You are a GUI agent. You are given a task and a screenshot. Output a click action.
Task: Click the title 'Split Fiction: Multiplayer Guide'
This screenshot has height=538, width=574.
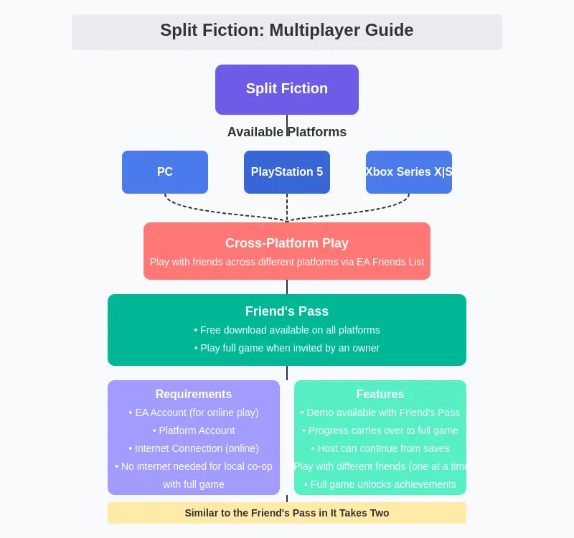point(286,31)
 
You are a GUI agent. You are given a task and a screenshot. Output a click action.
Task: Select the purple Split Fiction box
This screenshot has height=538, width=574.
point(286,89)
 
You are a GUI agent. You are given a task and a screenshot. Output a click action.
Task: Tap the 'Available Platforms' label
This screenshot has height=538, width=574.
point(286,132)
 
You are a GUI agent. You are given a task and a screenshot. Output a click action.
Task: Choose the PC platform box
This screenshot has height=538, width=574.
point(165,172)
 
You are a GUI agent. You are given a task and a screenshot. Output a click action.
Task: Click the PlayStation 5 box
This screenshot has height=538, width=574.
point(286,172)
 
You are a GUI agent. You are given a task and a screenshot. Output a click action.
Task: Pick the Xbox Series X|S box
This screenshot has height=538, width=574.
point(409,172)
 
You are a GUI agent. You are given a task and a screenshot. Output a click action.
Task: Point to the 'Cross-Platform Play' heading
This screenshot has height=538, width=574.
point(286,243)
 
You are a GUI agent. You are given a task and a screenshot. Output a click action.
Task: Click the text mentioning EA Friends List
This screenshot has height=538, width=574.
point(286,262)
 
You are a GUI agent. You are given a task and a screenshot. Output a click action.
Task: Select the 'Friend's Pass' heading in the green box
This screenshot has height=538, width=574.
point(286,311)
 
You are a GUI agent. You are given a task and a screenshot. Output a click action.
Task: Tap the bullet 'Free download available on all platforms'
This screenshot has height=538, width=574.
point(286,330)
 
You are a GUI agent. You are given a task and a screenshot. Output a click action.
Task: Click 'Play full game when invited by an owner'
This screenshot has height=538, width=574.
point(286,348)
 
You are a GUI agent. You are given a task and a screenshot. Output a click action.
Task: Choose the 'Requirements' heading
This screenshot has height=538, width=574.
point(194,394)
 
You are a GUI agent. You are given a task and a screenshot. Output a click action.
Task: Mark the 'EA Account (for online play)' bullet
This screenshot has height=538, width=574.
point(194,412)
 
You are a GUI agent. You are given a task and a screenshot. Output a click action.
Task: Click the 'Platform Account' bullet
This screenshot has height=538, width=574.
point(194,430)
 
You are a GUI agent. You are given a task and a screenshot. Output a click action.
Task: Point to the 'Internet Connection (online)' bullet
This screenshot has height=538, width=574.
point(194,448)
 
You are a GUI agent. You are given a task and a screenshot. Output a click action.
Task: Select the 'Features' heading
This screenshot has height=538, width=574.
point(380,394)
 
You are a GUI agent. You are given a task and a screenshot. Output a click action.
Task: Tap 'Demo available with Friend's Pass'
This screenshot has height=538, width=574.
point(380,412)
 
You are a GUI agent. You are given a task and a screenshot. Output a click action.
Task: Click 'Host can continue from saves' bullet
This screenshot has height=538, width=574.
point(380,448)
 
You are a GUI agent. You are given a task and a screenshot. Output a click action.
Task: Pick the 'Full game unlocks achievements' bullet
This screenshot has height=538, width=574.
point(380,484)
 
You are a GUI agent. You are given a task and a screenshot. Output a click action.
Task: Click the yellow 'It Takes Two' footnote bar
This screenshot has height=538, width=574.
point(286,513)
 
